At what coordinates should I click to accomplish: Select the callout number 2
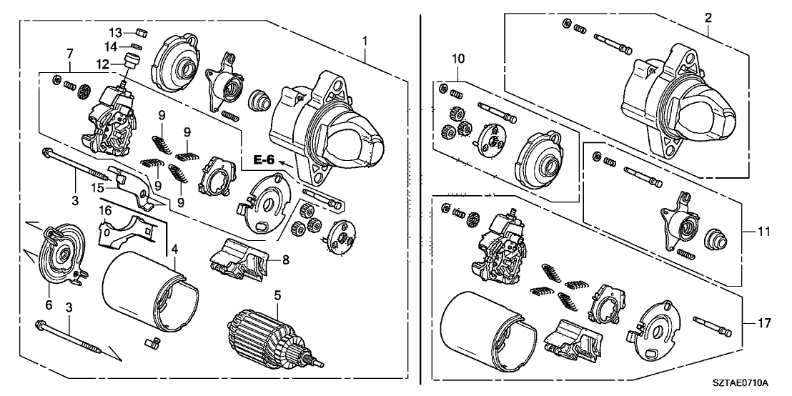point(708,19)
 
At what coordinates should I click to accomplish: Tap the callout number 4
point(174,249)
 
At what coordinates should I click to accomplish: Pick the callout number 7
point(69,54)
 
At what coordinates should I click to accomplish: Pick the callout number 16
point(105,212)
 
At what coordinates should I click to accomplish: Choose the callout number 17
point(763,324)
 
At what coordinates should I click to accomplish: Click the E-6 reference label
point(264,160)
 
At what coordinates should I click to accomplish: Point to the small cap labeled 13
point(140,31)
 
